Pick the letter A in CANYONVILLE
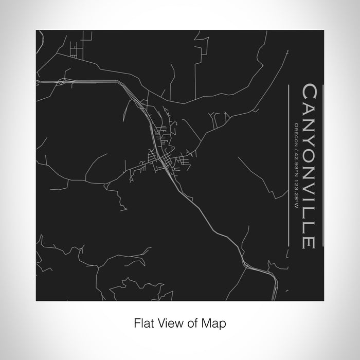click(x=311, y=106)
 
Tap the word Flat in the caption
click(x=142, y=323)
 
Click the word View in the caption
click(x=170, y=323)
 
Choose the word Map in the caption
click(x=215, y=323)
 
